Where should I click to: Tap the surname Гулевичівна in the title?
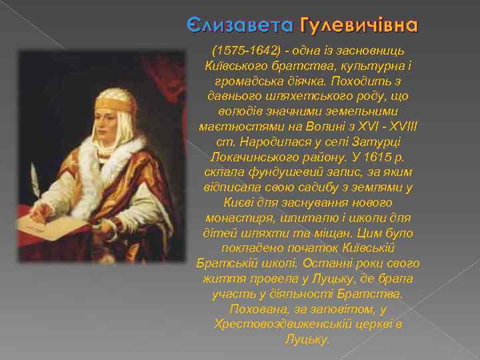coord(360,26)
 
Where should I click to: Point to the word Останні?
coord(318,263)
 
